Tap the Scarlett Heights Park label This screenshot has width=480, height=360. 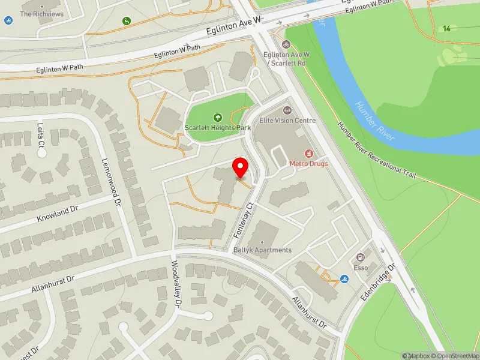tap(217, 128)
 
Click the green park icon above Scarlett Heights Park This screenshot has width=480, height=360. tap(217, 117)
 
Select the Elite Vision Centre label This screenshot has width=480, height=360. tap(287, 120)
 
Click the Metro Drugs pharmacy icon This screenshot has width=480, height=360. tap(309, 154)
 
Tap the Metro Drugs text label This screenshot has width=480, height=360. tap(309, 163)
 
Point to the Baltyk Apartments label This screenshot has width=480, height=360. tap(263, 250)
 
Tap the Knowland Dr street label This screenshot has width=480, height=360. tap(58, 212)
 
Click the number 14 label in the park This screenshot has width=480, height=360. tap(446, 28)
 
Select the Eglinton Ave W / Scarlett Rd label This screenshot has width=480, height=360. tap(287, 58)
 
